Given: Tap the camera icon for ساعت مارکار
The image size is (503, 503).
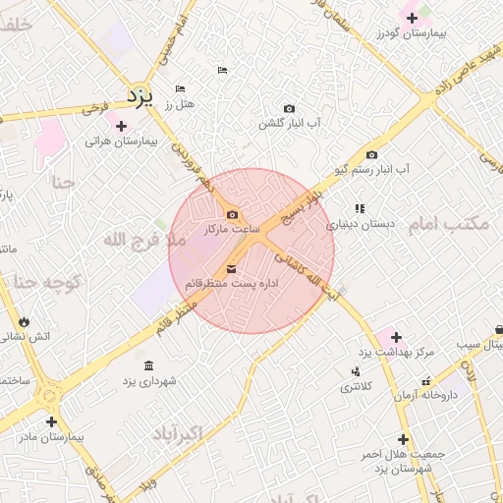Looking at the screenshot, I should click(x=232, y=215).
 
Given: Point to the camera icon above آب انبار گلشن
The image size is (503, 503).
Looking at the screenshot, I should click(x=289, y=108).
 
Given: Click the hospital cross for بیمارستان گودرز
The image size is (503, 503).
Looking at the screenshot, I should click(x=411, y=18).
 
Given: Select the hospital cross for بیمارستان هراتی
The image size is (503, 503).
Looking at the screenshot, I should click(x=121, y=126).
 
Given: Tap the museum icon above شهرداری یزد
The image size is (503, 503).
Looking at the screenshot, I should click(x=148, y=365).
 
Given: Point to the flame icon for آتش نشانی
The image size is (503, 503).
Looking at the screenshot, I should click(x=24, y=321).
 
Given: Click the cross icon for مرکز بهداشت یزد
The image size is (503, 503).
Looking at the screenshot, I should click(x=396, y=337).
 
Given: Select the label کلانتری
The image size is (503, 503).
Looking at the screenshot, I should click(x=356, y=387).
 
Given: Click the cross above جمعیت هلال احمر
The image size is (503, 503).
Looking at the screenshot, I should click(x=403, y=439).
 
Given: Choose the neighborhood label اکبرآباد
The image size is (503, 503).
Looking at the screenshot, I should click(x=178, y=433).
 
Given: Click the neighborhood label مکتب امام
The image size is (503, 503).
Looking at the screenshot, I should click(x=448, y=224).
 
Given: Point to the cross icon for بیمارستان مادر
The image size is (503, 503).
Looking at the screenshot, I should click(x=51, y=421).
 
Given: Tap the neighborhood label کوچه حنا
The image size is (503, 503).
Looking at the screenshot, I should click(x=45, y=284).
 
